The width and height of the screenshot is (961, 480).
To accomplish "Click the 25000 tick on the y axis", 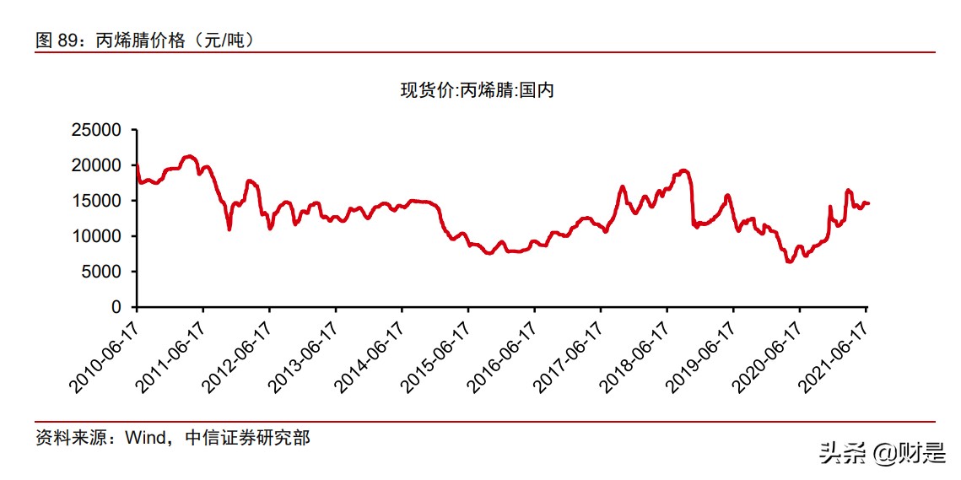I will (98, 131).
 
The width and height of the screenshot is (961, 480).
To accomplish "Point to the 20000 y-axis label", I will (98, 166).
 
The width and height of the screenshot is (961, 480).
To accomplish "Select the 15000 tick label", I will (98, 202).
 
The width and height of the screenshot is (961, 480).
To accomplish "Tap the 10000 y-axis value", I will (98, 237).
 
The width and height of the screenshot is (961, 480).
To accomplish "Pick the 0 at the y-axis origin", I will (117, 308).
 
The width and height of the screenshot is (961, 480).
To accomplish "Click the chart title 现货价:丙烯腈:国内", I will (477, 90).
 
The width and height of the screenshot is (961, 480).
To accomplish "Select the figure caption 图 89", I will (56, 40).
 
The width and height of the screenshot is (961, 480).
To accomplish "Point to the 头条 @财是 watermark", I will (881, 453).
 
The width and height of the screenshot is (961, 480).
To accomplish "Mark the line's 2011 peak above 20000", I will (189, 156).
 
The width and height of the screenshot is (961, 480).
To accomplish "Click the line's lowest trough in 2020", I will (790, 262).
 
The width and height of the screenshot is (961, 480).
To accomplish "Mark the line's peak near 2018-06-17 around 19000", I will (684, 170).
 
